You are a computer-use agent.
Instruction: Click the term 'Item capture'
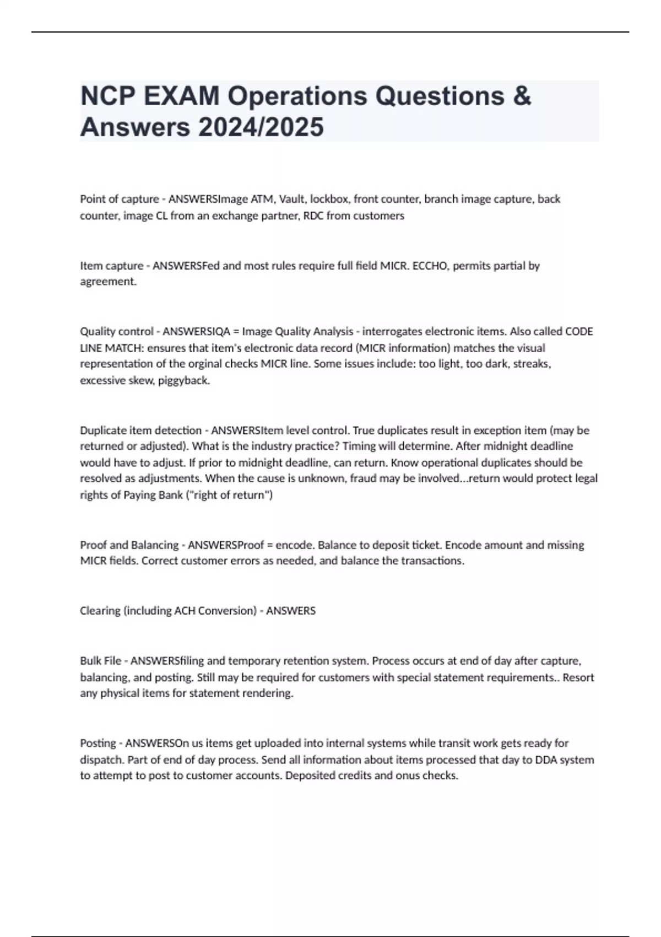click(111, 266)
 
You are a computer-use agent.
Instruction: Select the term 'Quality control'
click(117, 331)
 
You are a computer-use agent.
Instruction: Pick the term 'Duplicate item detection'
click(140, 430)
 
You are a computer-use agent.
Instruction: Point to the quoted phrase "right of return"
click(235, 495)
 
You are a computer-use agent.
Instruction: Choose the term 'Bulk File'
click(100, 661)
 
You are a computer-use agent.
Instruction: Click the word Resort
click(578, 677)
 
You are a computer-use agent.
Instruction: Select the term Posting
click(98, 743)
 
